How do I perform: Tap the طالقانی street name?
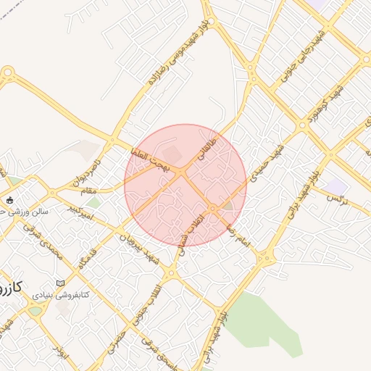point(208,143)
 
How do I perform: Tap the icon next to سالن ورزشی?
point(9,200)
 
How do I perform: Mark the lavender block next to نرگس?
point(335,187)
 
